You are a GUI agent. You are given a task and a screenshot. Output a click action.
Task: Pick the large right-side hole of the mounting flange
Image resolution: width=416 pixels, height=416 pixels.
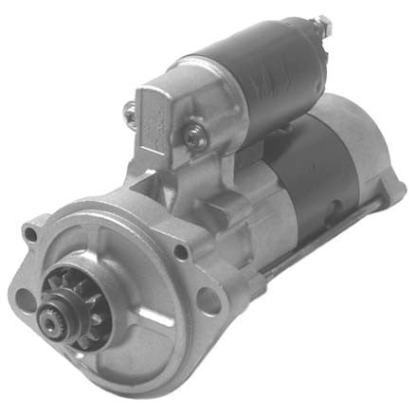(x=206, y=303)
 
